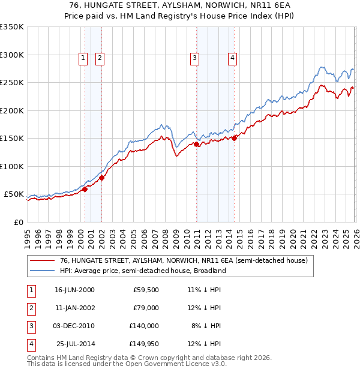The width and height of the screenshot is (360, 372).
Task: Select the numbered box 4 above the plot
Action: tap(232, 58)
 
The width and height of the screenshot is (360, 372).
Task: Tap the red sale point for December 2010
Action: tap(196, 144)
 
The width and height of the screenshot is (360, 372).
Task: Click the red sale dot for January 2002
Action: tap(101, 178)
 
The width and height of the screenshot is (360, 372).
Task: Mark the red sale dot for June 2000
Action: tap(85, 189)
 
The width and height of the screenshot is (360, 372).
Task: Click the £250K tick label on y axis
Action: tap(11, 83)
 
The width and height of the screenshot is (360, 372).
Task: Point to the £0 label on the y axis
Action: tap(18, 223)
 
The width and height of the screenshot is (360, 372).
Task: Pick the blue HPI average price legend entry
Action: tap(142, 271)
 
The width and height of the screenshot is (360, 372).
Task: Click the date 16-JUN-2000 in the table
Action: tap(74, 290)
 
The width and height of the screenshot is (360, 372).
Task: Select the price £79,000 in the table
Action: tap(145, 308)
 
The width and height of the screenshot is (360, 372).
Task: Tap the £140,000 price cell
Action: tap(143, 326)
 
